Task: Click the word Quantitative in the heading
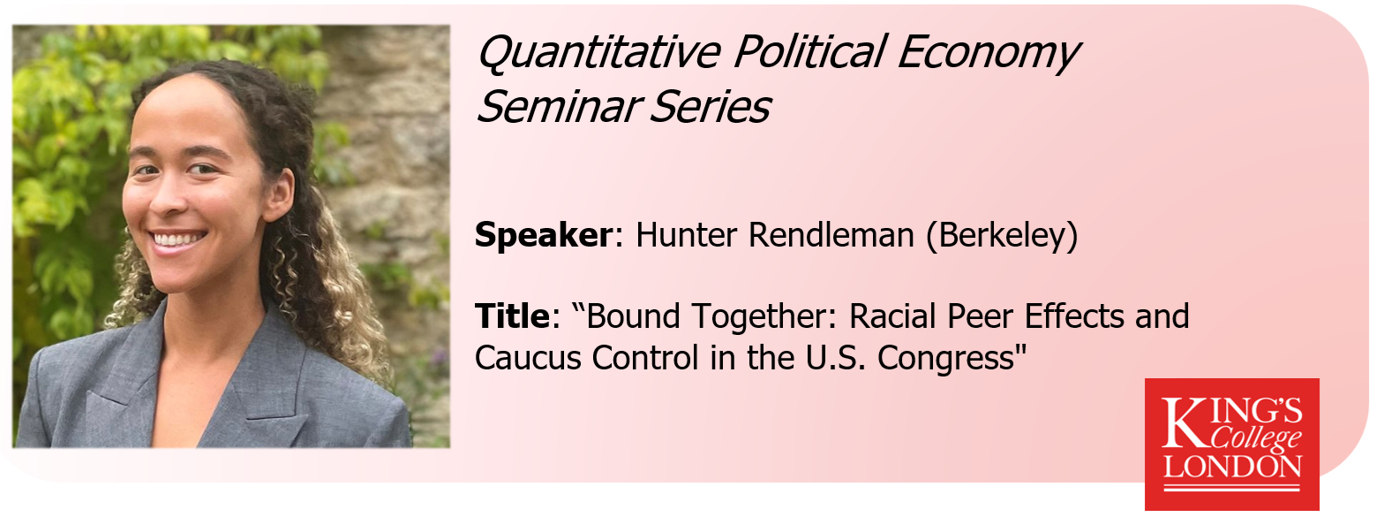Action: [x=599, y=52]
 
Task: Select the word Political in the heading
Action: [x=809, y=53]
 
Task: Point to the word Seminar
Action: [x=555, y=106]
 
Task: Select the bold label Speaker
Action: [x=543, y=236]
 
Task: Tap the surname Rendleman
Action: [x=831, y=235]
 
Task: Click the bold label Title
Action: [x=512, y=316]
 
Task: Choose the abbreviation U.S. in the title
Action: [x=835, y=357]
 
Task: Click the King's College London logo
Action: [x=1232, y=444]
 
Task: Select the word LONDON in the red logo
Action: [x=1232, y=467]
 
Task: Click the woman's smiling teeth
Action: [x=178, y=239]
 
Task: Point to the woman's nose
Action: [x=167, y=194]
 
